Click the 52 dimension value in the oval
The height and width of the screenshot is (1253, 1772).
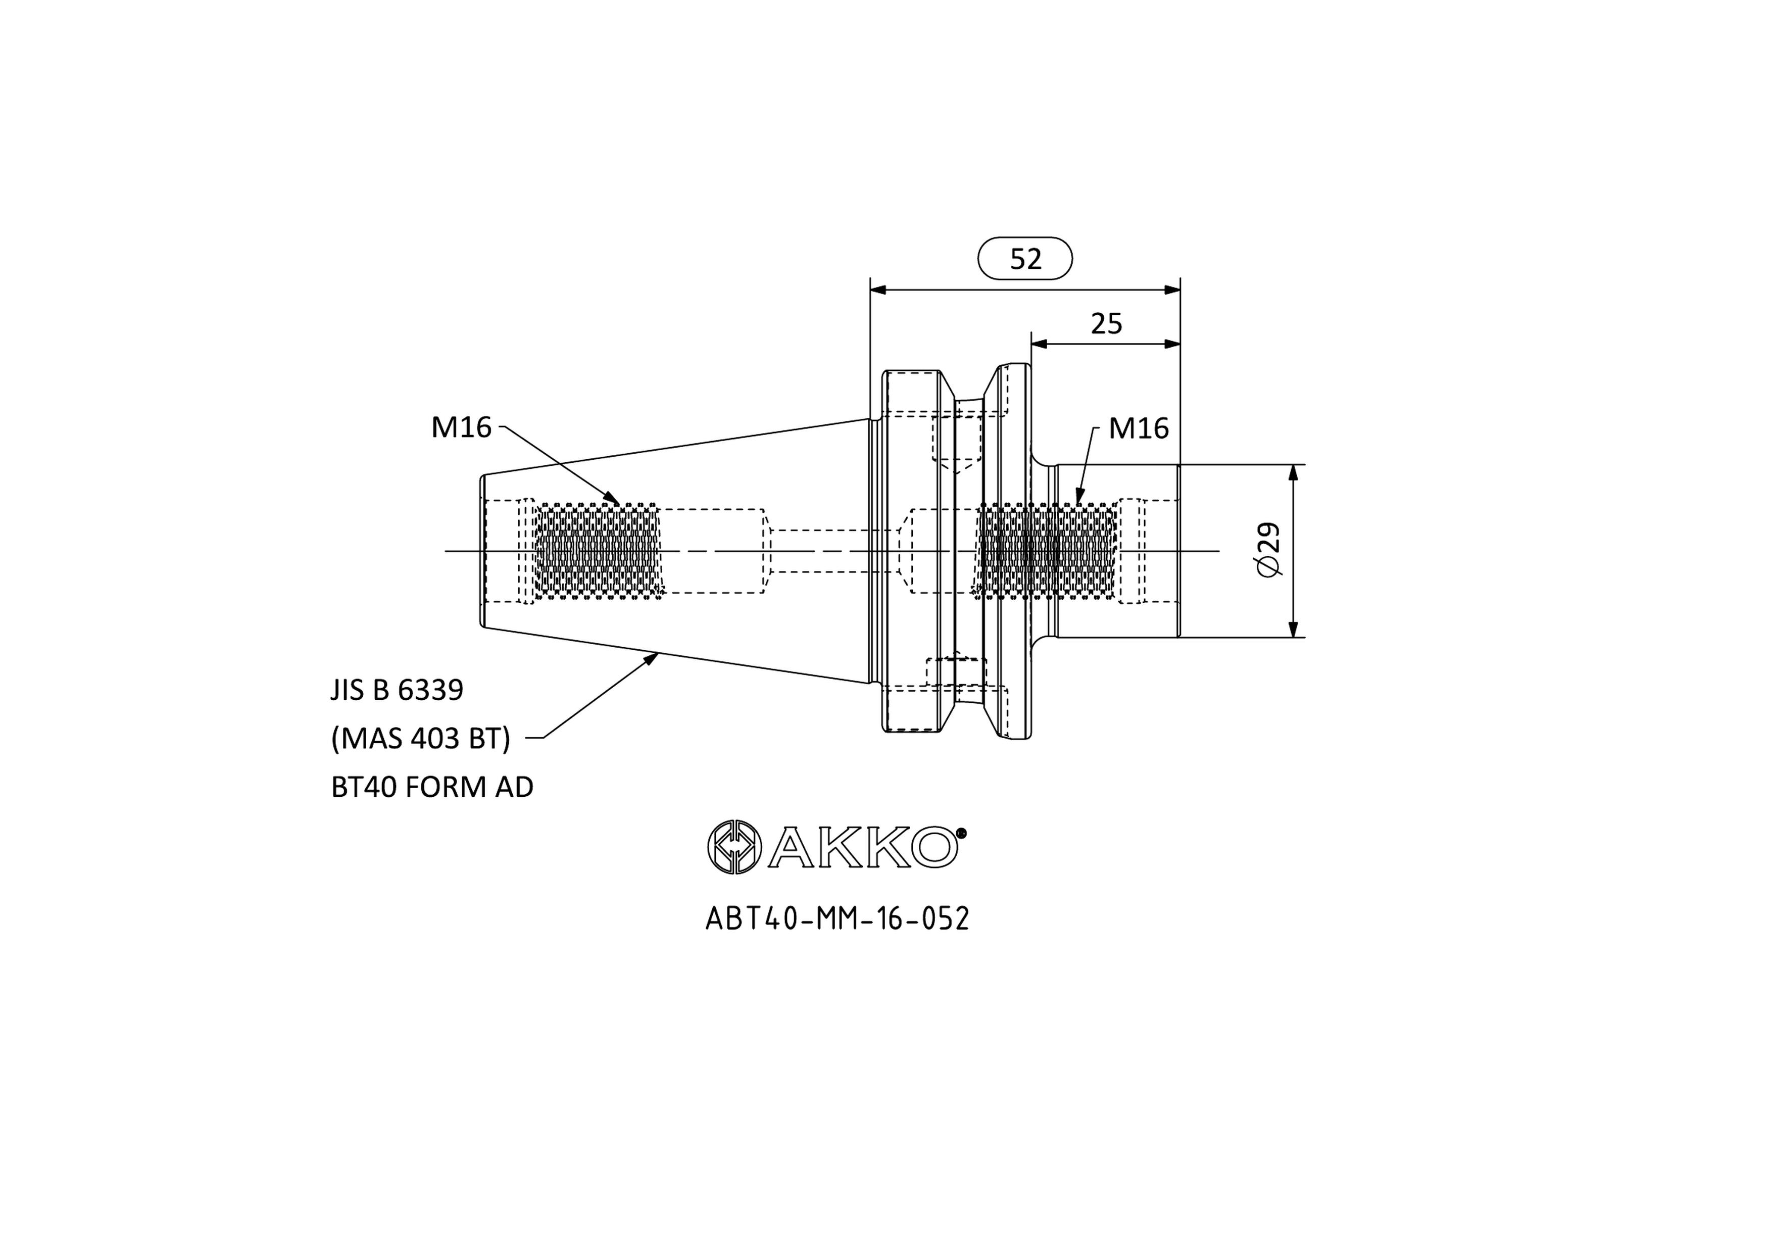1026,259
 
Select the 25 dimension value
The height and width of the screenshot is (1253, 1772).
1107,323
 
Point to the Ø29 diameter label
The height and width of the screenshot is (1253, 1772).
1269,550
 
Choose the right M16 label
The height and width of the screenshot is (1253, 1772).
1139,428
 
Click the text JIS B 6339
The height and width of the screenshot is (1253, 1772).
398,690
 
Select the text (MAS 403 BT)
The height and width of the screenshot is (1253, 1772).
421,739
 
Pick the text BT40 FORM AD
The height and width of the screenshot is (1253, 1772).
432,788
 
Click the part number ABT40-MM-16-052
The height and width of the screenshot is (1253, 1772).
838,919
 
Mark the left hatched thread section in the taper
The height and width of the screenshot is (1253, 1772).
598,550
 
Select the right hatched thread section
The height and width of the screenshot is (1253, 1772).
1046,550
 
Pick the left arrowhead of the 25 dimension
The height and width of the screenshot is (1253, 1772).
1041,344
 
